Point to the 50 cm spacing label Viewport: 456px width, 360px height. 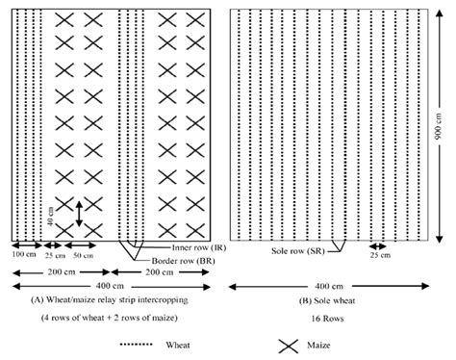[84, 254]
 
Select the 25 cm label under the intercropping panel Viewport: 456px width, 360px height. [54, 254]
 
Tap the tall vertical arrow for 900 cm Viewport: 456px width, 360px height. [439, 124]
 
